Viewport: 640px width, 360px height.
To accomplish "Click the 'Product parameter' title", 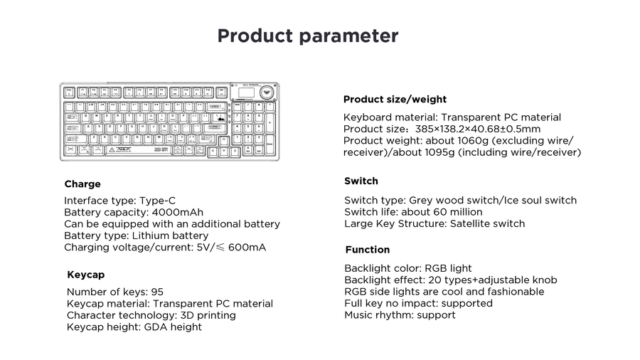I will click(x=307, y=36).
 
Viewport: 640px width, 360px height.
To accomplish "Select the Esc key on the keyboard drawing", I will click(x=69, y=92).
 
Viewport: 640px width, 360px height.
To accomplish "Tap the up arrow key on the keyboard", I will click(x=224, y=141).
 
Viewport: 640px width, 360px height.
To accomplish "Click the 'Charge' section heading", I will click(x=82, y=184).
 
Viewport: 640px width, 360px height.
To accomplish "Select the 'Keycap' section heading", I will click(x=85, y=275).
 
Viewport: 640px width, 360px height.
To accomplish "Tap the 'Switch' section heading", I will click(x=361, y=181).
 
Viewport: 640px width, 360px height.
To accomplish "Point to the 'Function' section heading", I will click(x=367, y=250).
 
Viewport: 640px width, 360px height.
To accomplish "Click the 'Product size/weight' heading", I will click(x=395, y=100).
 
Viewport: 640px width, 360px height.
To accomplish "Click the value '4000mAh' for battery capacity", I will click(x=178, y=213).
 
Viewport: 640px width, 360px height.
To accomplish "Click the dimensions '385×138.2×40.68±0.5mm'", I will click(x=477, y=129).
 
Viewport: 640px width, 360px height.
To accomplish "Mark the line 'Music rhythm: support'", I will click(x=400, y=314).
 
